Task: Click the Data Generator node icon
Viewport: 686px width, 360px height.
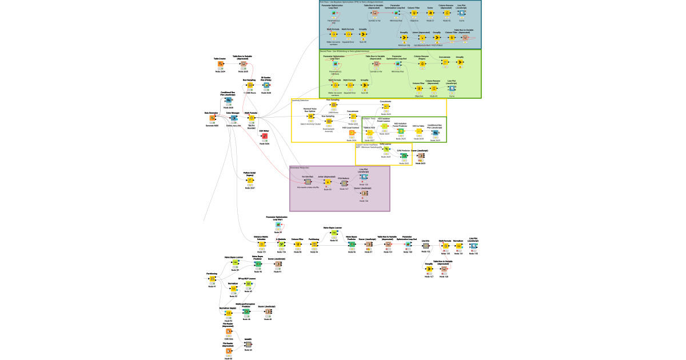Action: (x=212, y=118)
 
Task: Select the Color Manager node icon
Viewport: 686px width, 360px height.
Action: (x=233, y=118)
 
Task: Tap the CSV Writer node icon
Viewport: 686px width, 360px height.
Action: (x=264, y=136)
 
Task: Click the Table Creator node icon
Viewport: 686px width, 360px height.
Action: (x=220, y=64)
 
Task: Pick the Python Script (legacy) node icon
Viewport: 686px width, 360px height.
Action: (x=250, y=180)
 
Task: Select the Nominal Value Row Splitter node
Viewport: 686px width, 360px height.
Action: (x=311, y=116)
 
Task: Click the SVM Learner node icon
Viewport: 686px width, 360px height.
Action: (x=386, y=149)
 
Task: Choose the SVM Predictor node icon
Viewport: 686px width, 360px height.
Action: (x=404, y=155)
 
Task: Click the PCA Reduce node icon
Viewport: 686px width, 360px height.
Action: (x=344, y=183)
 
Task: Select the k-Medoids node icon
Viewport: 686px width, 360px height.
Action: (x=281, y=245)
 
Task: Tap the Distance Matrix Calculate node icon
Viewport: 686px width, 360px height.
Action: (x=261, y=245)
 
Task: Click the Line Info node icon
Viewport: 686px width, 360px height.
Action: (x=426, y=245)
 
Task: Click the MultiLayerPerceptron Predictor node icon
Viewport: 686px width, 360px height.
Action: (x=246, y=311)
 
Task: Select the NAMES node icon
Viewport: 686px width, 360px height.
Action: (x=248, y=344)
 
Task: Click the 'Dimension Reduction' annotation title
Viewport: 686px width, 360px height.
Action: (x=300, y=168)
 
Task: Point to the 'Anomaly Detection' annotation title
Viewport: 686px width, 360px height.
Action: (x=300, y=101)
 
